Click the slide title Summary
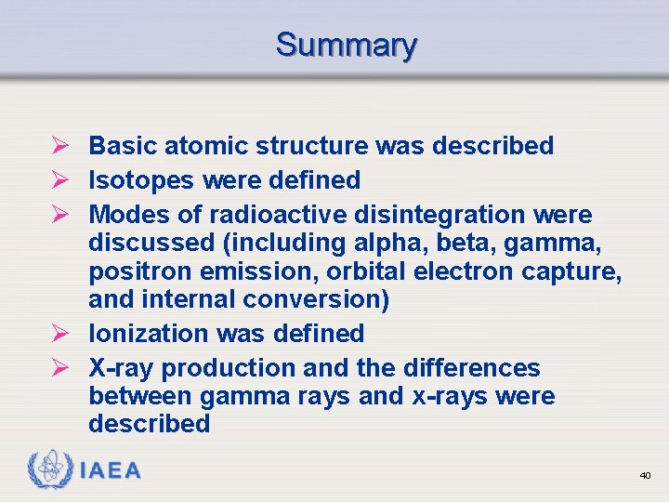pos(346,45)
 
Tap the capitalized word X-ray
pos(122,368)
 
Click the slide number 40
pos(645,475)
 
